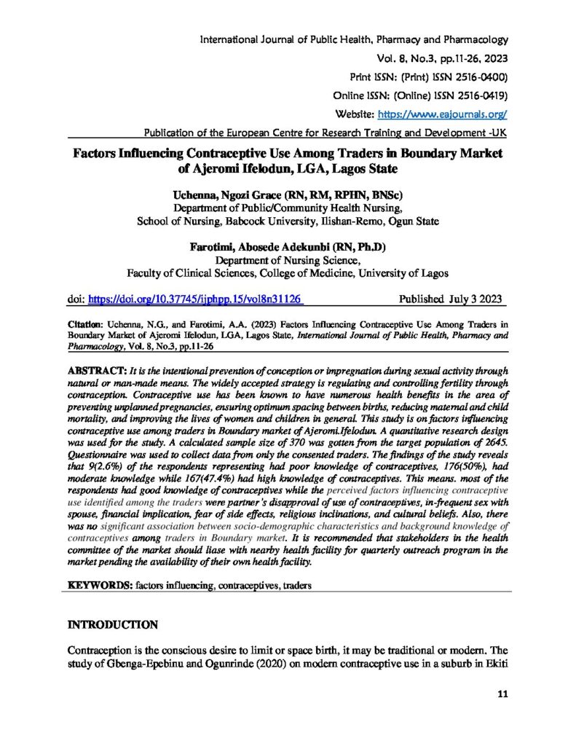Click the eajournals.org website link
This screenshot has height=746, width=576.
pyautogui.click(x=442, y=114)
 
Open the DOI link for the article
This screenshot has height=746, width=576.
pyautogui.click(x=194, y=299)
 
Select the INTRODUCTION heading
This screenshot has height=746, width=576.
pyautogui.click(x=112, y=624)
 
